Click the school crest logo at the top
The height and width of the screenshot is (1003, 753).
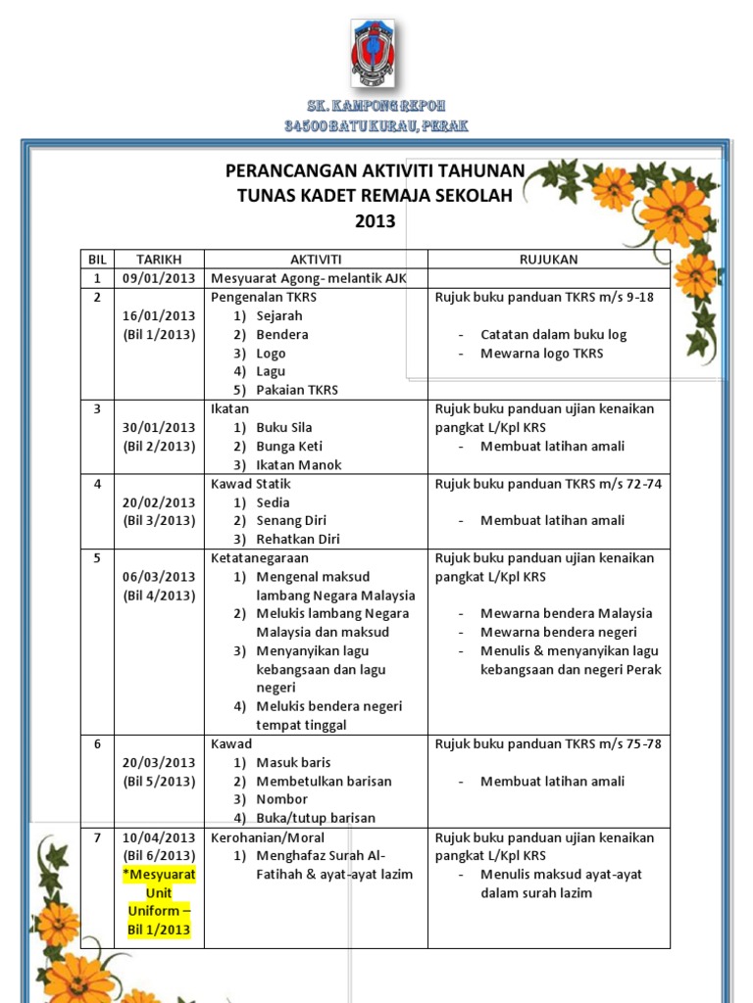(376, 54)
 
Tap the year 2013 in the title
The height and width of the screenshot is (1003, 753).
(375, 221)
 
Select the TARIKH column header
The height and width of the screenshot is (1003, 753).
(159, 260)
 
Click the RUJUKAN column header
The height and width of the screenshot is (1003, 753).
(548, 260)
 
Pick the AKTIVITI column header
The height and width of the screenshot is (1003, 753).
(316, 260)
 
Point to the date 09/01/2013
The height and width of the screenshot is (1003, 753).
(159, 278)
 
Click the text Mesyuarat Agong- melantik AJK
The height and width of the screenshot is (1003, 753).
(308, 278)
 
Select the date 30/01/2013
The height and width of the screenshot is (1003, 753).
(159, 427)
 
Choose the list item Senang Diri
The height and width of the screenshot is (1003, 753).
(291, 520)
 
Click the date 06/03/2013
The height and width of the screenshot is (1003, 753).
(159, 576)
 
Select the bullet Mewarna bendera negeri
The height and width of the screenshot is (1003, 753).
(558, 632)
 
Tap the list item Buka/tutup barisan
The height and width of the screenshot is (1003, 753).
(316, 818)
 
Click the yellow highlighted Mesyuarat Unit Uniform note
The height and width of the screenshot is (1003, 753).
(159, 901)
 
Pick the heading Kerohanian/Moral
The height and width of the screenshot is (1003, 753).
(268, 837)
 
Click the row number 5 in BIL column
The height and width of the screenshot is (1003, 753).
(97, 557)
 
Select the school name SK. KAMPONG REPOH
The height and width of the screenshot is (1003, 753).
(376, 105)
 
